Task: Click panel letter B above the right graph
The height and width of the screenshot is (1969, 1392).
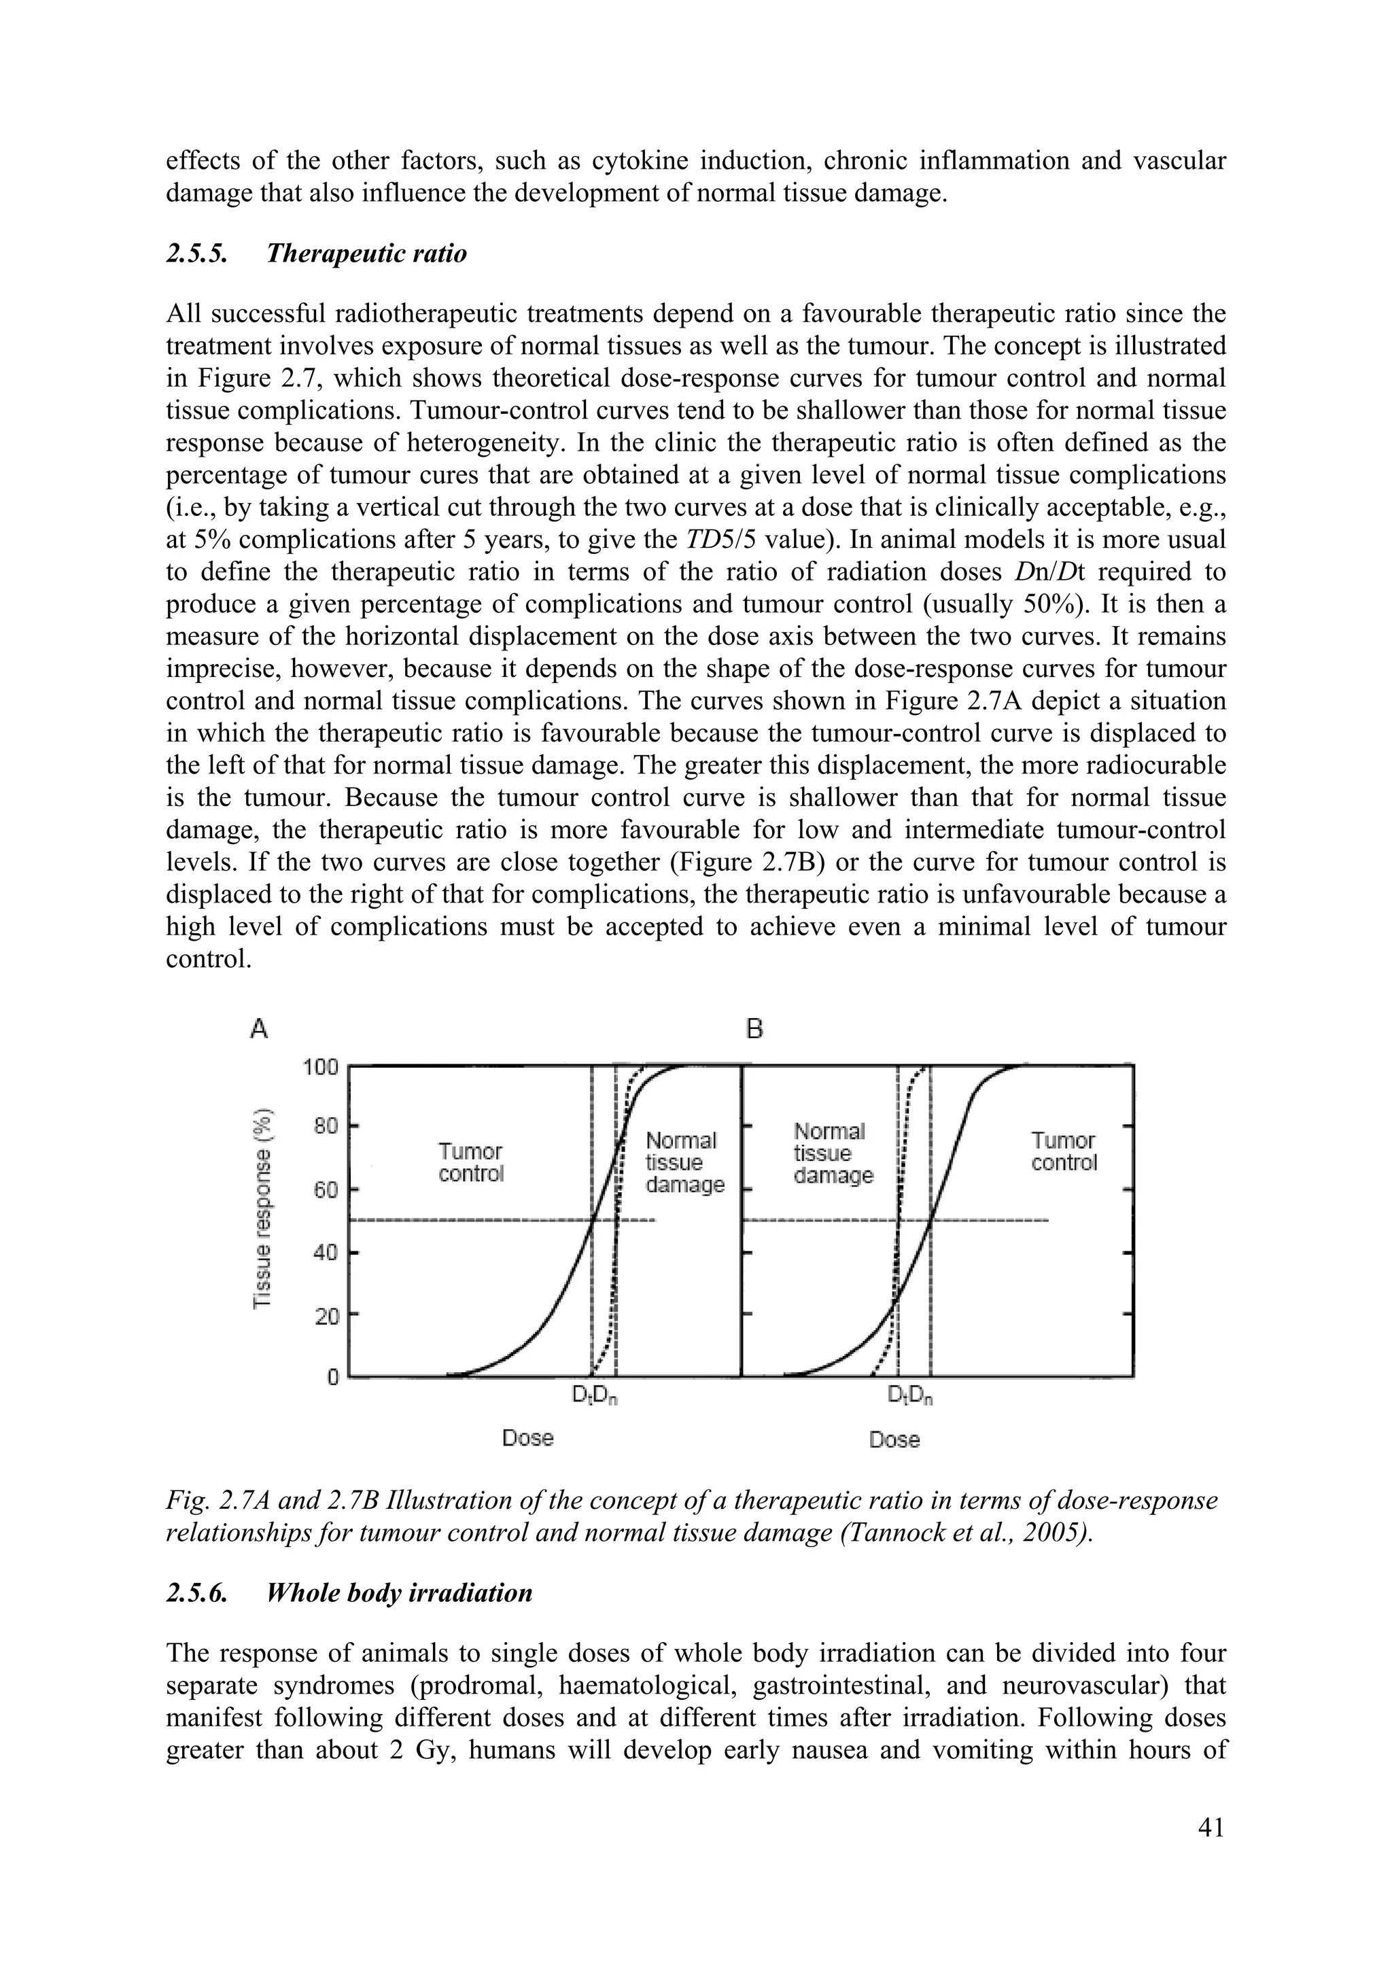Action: coord(754,1028)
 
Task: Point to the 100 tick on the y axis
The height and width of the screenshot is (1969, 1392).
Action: coord(321,1068)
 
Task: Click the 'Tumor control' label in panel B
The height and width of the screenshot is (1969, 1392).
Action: coord(1064,1152)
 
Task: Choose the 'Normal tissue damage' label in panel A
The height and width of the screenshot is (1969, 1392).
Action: coord(684,1163)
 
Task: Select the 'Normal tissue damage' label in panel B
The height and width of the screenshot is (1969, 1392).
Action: coord(832,1153)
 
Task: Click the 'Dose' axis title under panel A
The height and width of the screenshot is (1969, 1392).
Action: coord(527,1438)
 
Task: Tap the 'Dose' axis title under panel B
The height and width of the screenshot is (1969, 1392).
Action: coord(894,1440)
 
